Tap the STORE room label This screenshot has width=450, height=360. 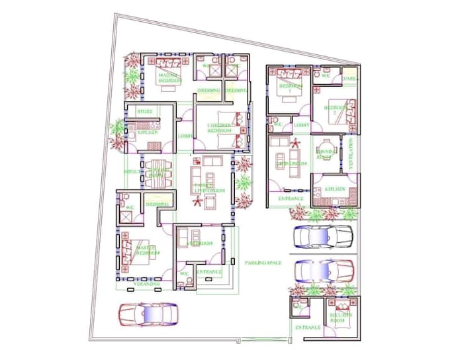pos(145,112)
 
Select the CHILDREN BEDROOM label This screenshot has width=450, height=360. pos(219,128)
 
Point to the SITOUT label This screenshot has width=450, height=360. pos(132,171)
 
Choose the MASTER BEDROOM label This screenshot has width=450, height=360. pos(148,250)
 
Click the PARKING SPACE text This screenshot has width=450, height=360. pos(263,263)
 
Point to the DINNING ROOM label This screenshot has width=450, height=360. pos(325,154)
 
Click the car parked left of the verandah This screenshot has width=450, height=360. pos(148,314)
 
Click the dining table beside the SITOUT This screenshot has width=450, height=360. pos(159,169)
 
